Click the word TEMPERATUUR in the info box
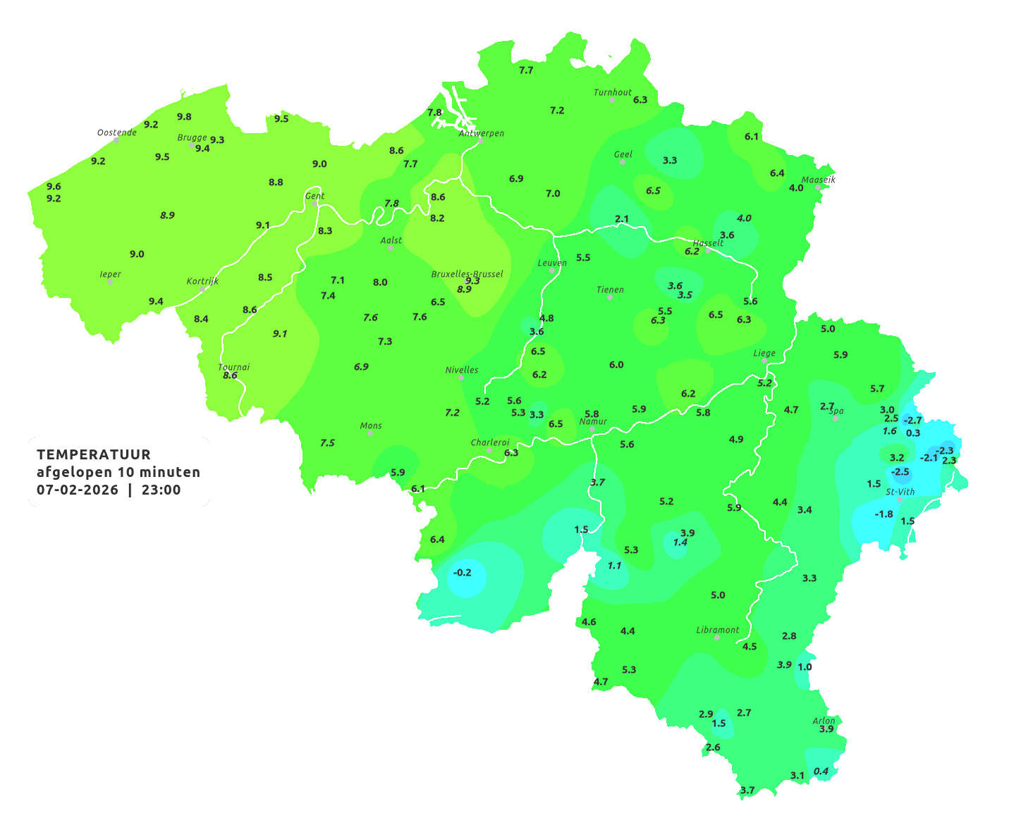point(94,454)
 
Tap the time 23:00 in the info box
point(161,490)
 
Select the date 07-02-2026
point(78,490)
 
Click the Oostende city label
point(117,132)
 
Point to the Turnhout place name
point(613,92)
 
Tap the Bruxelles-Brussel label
point(467,273)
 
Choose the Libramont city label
point(718,630)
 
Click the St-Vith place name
point(900,492)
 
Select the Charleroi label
point(490,442)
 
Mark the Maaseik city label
point(819,180)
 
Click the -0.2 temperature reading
point(463,573)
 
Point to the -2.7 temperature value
point(912,421)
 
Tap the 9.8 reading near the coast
point(184,117)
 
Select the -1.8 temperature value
point(883,514)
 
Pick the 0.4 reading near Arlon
point(821,771)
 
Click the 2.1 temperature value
point(622,219)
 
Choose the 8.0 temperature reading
point(380,283)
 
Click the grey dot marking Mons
point(370,433)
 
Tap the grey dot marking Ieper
point(110,282)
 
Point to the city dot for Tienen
point(610,297)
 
